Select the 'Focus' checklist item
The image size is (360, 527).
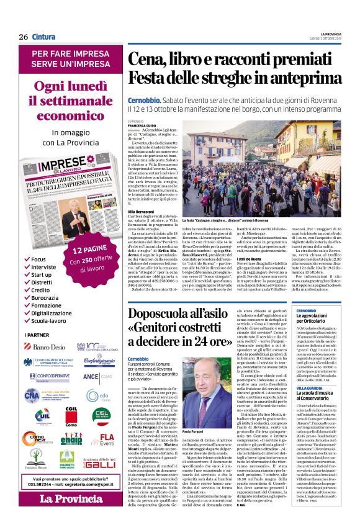pos(38,258)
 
